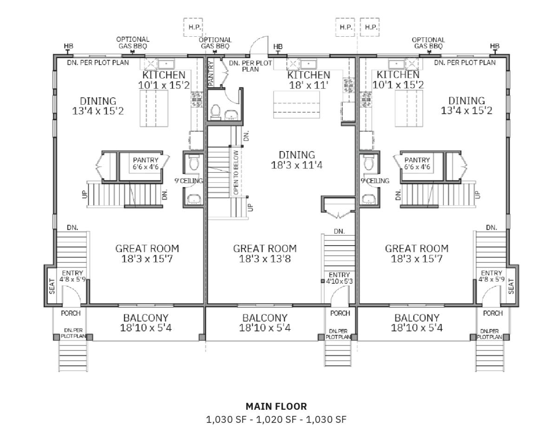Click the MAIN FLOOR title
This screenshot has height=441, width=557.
[276, 406]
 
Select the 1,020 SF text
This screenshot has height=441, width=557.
[276, 420]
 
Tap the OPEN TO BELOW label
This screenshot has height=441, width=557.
[236, 173]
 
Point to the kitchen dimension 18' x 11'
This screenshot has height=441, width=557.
[308, 85]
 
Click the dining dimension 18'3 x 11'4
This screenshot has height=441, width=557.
[296, 165]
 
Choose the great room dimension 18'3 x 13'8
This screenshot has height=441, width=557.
[265, 259]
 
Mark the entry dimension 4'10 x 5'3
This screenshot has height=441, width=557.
[339, 281]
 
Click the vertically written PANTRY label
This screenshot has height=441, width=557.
[210, 73]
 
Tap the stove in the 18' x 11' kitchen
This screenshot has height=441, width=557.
[348, 85]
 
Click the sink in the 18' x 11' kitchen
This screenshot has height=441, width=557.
[308, 64]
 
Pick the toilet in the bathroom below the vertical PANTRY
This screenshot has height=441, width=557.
[215, 111]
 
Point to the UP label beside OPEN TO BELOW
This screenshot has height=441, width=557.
[250, 207]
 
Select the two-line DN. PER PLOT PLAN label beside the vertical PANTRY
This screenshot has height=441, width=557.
[250, 66]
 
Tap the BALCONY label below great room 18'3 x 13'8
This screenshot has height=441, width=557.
[265, 318]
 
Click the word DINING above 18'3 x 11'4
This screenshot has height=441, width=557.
[296, 155]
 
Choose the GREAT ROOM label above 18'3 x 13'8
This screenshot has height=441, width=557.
[265, 248]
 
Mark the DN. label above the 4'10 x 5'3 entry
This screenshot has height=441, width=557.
[339, 232]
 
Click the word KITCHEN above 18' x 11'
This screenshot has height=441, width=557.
[308, 75]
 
